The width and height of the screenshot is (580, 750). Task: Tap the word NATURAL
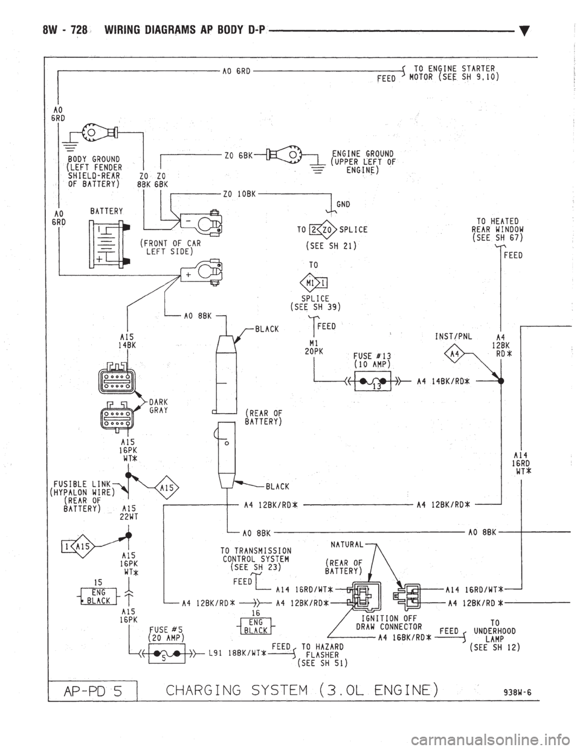click(348, 544)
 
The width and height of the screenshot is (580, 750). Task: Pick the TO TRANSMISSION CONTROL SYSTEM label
click(256, 559)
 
